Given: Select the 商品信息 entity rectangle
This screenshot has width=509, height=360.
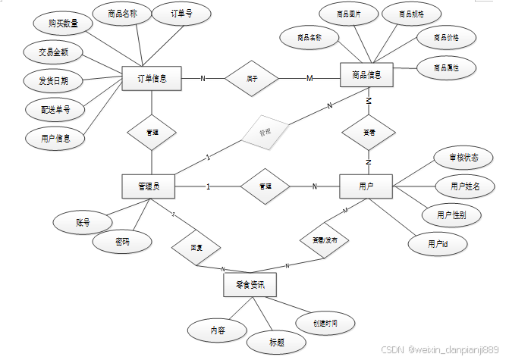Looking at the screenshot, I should [x=367, y=75].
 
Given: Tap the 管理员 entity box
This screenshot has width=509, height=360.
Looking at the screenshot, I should [x=149, y=186].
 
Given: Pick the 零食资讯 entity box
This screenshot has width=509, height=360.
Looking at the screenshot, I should [x=250, y=285].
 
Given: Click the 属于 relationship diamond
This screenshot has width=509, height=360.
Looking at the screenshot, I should [x=252, y=78].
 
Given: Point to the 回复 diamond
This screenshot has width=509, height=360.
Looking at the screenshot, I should [x=196, y=247].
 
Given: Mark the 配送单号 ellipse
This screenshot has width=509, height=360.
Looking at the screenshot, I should [x=56, y=110].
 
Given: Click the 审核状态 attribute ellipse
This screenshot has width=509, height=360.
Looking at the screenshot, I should [x=462, y=158].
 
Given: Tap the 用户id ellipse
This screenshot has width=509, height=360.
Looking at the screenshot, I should [x=438, y=243].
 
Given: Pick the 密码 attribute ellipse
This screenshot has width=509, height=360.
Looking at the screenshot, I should [x=121, y=243].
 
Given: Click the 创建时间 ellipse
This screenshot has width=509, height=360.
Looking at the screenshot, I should [x=325, y=324].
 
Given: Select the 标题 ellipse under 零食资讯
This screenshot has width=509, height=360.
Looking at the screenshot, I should [x=276, y=342].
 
